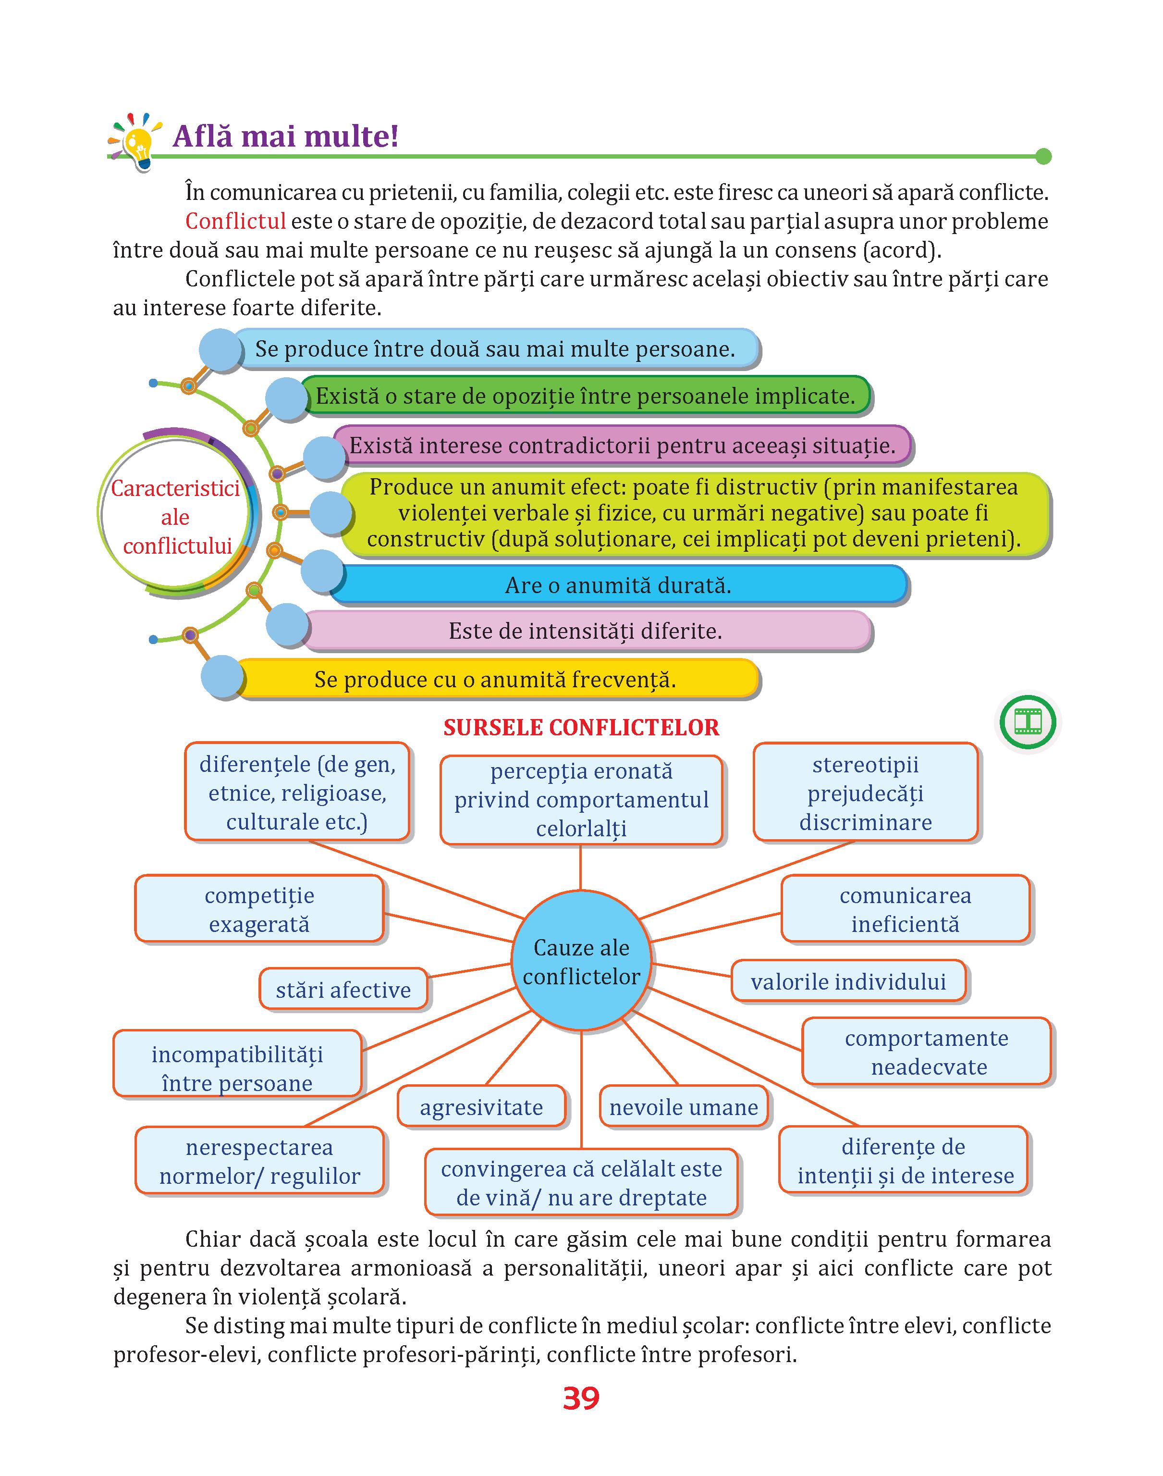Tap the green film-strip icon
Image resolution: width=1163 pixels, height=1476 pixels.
click(1028, 721)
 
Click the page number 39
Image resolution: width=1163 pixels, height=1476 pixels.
click(581, 1398)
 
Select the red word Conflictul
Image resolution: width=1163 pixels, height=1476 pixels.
click(235, 222)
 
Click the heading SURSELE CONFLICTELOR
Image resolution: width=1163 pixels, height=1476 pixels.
click(581, 728)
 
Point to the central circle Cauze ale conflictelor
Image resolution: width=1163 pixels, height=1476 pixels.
click(581, 961)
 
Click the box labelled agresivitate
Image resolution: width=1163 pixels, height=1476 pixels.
click(481, 1107)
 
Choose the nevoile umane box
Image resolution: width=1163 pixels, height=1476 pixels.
click(684, 1107)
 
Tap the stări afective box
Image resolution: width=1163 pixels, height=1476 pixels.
click(343, 989)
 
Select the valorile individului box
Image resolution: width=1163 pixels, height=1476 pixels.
click(848, 981)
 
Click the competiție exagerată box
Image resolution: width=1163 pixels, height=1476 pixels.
click(259, 909)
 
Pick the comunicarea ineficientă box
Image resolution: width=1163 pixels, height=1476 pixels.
click(905, 909)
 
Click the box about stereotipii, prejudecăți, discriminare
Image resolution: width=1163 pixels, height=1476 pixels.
click(866, 792)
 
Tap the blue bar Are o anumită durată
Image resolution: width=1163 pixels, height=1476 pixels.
click(618, 585)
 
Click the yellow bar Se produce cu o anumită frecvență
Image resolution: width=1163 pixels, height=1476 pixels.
click(495, 679)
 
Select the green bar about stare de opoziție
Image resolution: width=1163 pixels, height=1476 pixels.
click(586, 396)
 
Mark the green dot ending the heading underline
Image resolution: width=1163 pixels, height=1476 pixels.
click(1043, 157)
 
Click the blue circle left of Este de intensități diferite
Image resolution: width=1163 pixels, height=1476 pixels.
click(288, 625)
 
